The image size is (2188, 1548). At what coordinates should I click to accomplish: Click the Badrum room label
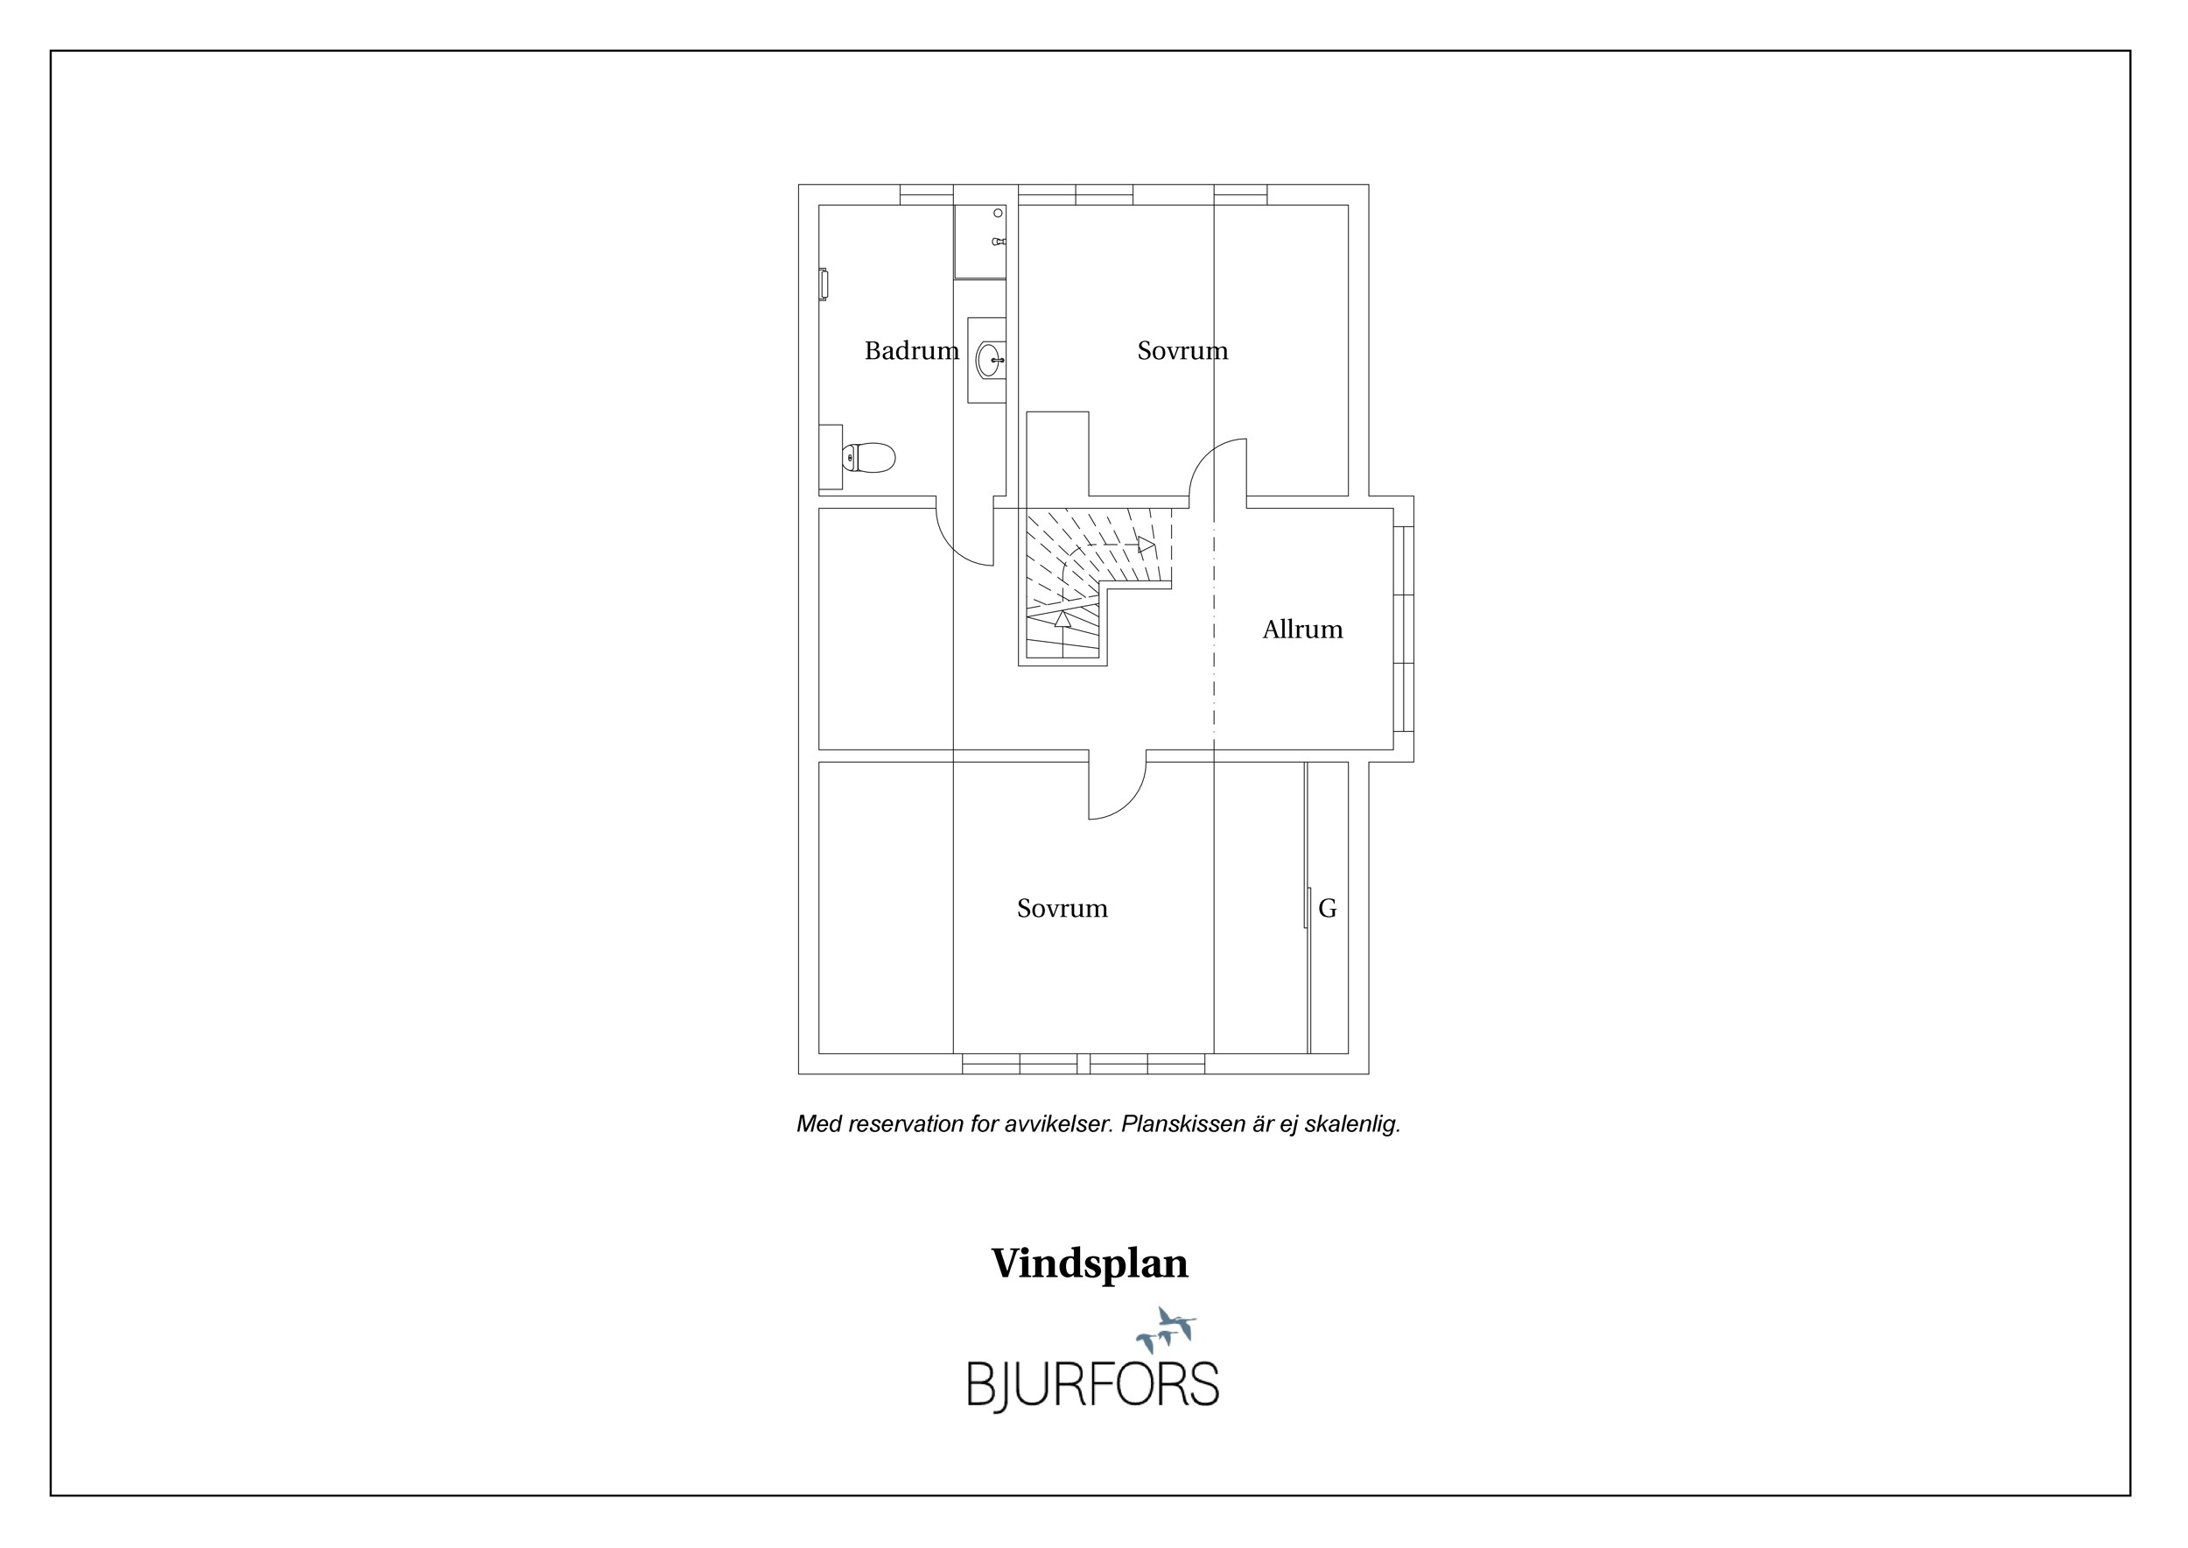point(911,351)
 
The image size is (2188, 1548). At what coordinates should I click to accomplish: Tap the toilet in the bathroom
point(868,458)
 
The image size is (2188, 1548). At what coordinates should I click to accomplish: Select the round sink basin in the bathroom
point(988,359)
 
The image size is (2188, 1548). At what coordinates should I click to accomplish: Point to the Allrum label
point(1301,630)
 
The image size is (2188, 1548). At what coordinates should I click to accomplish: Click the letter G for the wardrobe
point(1328,909)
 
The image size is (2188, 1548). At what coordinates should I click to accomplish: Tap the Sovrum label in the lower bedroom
point(1062,909)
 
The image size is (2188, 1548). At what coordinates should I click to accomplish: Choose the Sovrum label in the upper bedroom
point(1182,351)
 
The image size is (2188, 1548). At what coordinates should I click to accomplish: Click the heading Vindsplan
point(1090,1264)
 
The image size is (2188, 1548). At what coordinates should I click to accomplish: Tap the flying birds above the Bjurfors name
point(1167,1329)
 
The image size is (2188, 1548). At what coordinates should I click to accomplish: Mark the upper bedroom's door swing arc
point(1205,454)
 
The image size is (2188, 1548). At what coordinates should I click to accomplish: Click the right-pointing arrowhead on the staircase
point(1147,545)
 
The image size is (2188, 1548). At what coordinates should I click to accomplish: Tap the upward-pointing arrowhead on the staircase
point(1062,617)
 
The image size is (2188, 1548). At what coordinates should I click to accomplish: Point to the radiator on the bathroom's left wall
point(824,285)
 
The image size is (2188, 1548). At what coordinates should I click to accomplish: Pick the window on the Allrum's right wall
point(1403,630)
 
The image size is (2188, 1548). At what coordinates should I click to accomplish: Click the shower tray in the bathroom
point(979,243)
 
